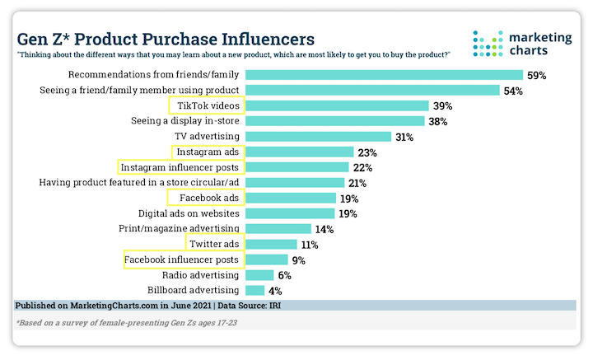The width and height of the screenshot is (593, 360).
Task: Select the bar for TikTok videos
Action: (x=337, y=105)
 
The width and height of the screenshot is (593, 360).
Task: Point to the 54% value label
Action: (x=514, y=91)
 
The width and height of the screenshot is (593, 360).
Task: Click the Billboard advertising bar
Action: (x=254, y=290)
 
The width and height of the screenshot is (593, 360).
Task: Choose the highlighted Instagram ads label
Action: (x=205, y=152)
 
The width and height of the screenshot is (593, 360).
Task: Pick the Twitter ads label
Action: (x=213, y=244)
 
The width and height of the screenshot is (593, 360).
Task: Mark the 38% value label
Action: (x=437, y=121)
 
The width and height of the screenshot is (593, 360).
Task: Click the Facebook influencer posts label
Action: (x=182, y=259)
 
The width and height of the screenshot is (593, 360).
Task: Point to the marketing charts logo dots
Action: (x=486, y=42)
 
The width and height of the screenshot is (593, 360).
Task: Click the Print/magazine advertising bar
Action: (x=278, y=228)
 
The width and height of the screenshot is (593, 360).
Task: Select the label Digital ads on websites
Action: (x=184, y=213)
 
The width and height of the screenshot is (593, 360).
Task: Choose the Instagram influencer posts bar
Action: (x=296, y=167)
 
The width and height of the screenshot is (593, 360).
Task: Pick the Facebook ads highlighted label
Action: (x=204, y=198)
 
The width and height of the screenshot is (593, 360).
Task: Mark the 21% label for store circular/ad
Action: (x=356, y=183)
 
